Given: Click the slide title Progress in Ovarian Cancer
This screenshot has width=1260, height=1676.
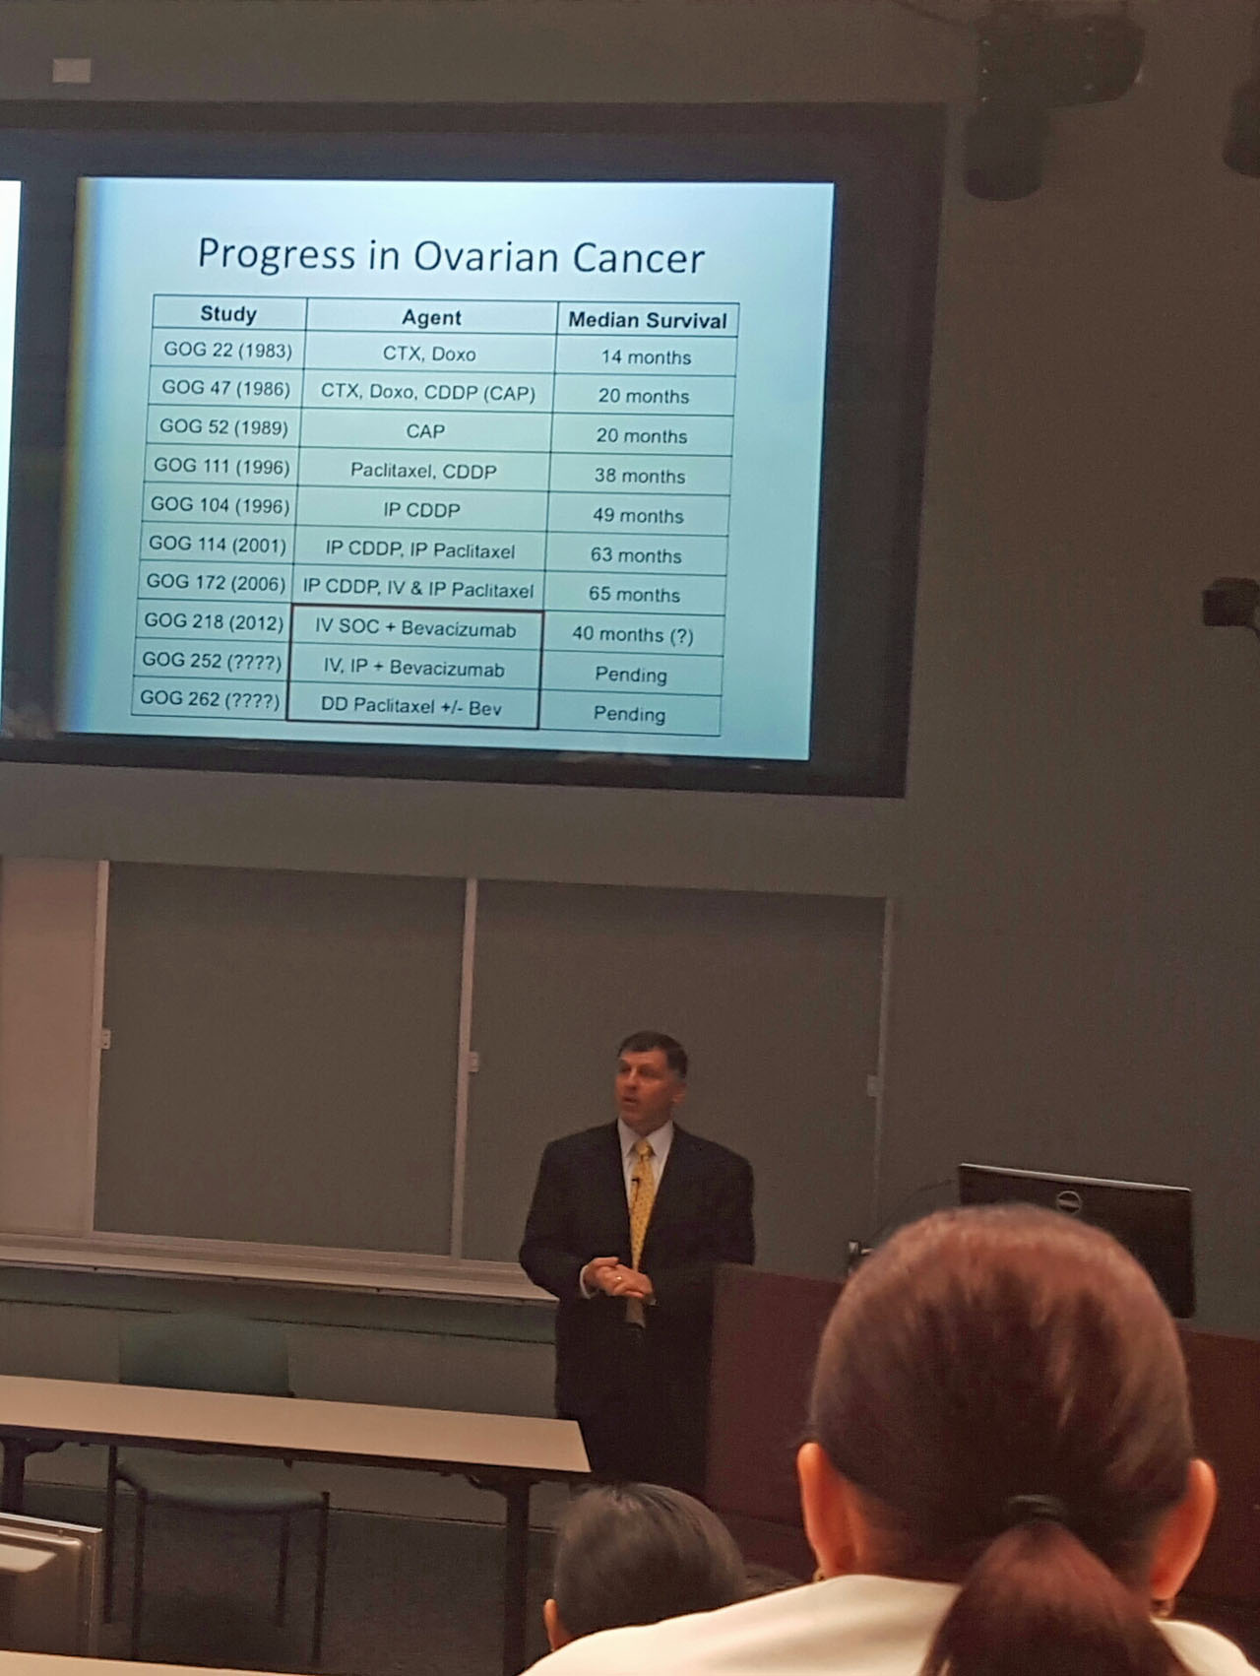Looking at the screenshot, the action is [451, 255].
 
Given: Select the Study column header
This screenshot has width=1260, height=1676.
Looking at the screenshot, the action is [228, 314].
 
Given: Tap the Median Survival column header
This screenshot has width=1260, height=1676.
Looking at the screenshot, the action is [648, 320].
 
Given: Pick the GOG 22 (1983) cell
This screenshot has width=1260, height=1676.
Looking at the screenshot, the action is [227, 350].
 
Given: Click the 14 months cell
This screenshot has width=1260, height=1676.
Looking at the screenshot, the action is [646, 357].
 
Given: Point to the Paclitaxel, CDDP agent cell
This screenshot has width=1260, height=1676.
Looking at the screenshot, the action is [424, 471].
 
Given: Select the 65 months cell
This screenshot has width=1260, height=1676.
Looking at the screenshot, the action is [635, 595].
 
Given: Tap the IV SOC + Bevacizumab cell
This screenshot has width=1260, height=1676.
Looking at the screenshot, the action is [415, 628].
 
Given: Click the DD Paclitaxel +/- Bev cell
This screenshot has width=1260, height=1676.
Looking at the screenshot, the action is [411, 706].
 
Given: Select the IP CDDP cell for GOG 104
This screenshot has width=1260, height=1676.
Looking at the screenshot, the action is [421, 510].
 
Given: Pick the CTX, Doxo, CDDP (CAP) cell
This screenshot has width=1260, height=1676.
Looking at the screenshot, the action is [428, 392].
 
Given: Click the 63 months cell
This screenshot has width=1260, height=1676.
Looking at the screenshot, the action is [636, 555].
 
